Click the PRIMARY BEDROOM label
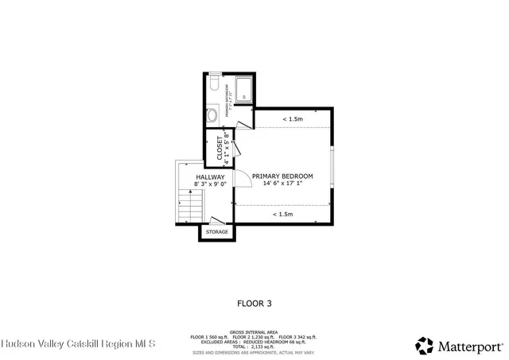click(x=282, y=176)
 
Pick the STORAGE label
click(x=217, y=232)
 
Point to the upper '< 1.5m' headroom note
click(x=292, y=119)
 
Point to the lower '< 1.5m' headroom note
click(x=282, y=214)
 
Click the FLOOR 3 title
click(x=254, y=303)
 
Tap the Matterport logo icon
click(x=424, y=345)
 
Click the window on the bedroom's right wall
click(x=333, y=167)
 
